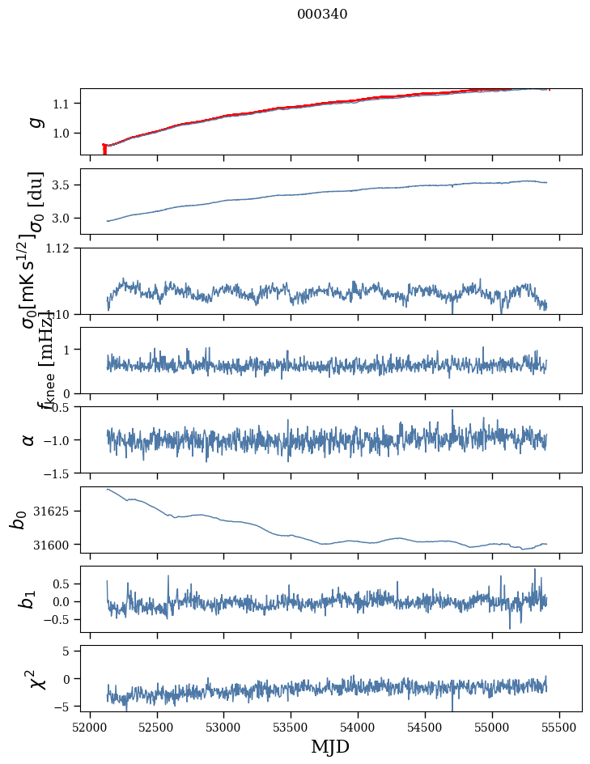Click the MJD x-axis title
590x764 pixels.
click(330, 746)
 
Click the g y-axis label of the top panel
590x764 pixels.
click(33, 121)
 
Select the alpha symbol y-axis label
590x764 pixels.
click(28, 439)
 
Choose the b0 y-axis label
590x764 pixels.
click(19, 519)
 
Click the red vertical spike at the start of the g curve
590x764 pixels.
click(104, 150)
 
